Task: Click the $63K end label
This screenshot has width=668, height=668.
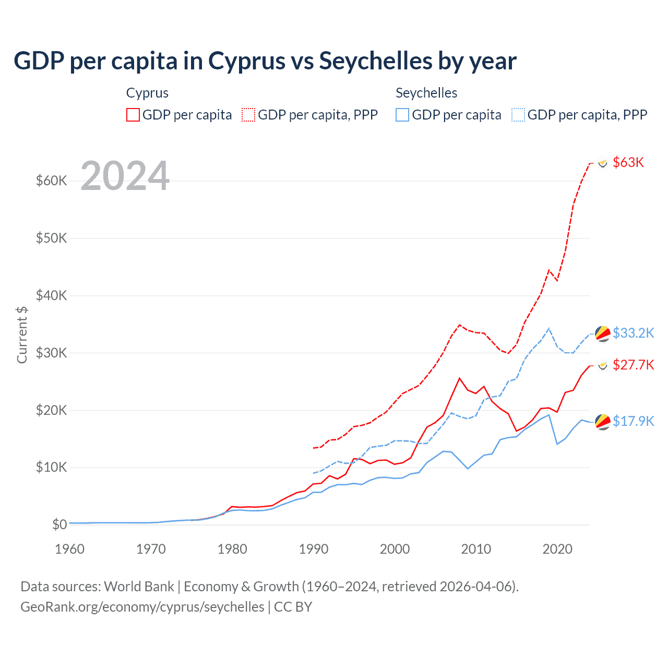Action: [628, 162]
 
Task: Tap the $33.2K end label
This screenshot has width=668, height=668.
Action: [633, 333]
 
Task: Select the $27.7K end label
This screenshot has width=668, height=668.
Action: [633, 365]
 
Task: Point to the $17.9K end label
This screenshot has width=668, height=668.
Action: [633, 421]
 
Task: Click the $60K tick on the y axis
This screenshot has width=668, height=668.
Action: [52, 181]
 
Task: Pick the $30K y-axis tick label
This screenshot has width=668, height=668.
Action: [52, 353]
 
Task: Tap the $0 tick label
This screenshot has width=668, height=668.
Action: [59, 524]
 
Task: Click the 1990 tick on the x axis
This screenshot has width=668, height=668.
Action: [314, 549]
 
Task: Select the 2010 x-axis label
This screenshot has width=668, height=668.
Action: [476, 549]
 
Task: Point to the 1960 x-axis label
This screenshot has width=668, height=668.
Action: [70, 549]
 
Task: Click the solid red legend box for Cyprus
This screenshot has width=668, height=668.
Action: [133, 115]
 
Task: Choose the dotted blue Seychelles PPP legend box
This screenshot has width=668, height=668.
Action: [518, 115]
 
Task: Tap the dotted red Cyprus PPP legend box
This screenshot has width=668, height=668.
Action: [249, 115]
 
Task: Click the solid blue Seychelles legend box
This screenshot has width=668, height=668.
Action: [402, 115]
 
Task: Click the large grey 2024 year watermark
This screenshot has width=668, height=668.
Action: [125, 176]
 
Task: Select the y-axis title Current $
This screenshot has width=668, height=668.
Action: [22, 335]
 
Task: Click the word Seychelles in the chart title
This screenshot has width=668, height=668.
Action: [376, 61]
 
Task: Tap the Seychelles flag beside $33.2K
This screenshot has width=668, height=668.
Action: [603, 333]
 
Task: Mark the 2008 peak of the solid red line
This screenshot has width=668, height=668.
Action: [459, 378]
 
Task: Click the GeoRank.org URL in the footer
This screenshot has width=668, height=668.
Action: [142, 607]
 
